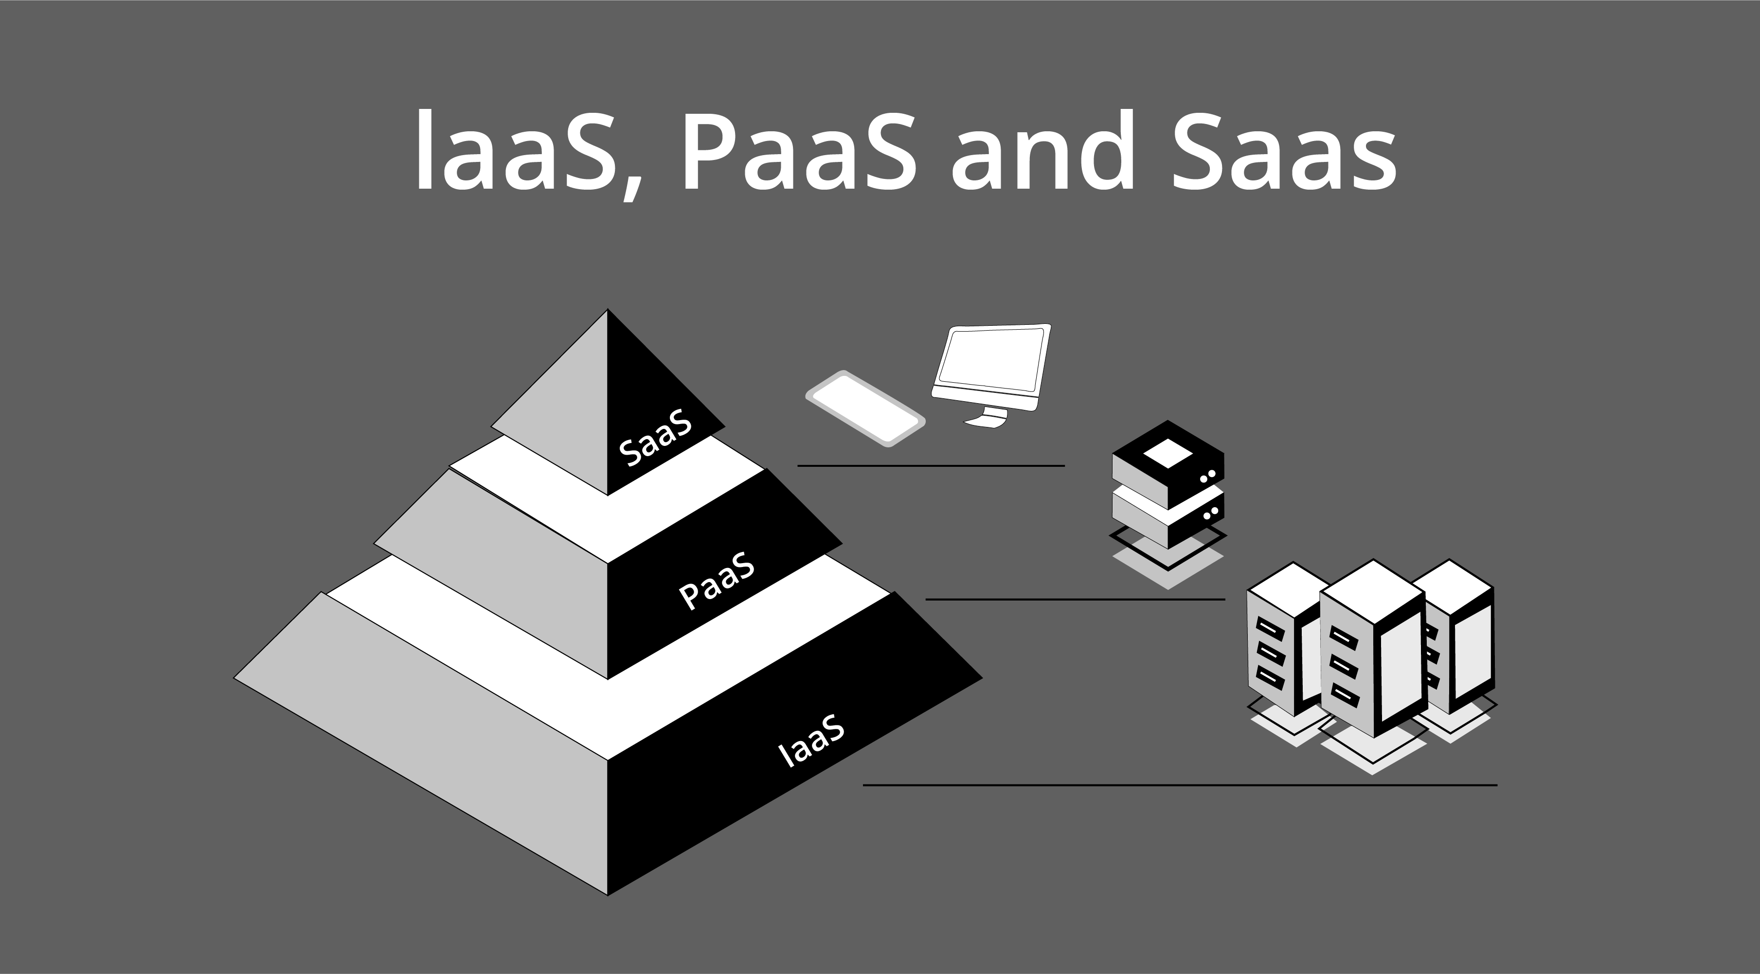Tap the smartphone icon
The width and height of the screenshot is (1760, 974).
click(x=865, y=408)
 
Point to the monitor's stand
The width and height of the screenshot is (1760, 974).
click(x=988, y=417)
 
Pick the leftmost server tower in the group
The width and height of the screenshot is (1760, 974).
click(x=1276, y=649)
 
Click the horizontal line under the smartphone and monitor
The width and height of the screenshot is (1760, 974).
click(x=931, y=466)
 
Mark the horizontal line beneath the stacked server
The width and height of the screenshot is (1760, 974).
click(x=1075, y=599)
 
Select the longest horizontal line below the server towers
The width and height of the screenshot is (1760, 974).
click(x=1180, y=785)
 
